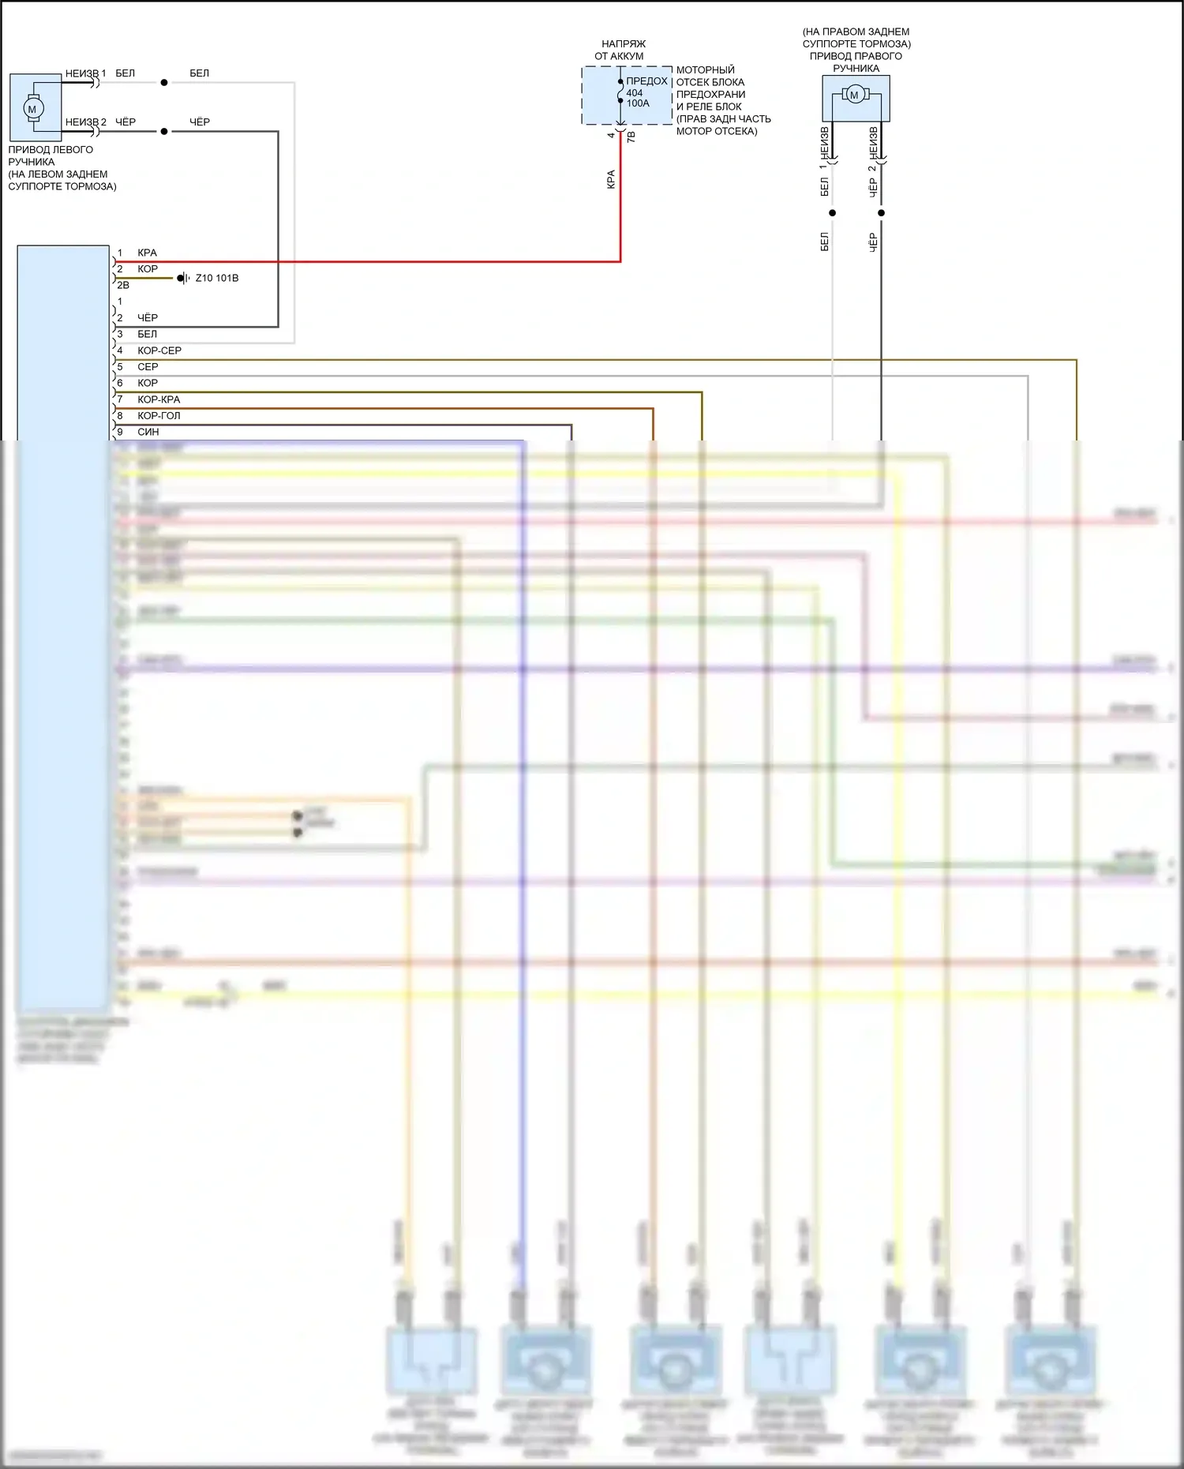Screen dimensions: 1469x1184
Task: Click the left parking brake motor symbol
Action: [32, 109]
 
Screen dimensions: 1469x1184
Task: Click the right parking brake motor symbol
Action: [853, 96]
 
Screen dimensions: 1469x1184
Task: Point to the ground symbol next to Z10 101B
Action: [183, 278]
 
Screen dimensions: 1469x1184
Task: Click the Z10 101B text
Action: [217, 278]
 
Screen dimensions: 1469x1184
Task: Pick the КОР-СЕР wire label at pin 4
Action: [159, 350]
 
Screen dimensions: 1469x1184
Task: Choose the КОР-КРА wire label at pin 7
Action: [159, 399]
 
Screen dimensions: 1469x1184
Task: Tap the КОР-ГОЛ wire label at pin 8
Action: [159, 416]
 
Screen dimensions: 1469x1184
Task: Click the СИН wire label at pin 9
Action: [148, 432]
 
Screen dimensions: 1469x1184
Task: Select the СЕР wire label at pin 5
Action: [148, 367]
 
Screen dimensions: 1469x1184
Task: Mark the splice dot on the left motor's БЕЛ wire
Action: [164, 82]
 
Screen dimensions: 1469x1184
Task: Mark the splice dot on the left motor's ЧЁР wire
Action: [164, 131]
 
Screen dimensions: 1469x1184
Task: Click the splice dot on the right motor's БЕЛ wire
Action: [832, 212]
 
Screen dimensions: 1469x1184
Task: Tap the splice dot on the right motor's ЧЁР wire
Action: [882, 212]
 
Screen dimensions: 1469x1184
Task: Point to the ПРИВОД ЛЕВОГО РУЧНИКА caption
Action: [51, 156]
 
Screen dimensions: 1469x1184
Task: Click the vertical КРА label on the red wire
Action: [611, 179]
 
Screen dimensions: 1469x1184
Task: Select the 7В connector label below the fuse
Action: [631, 137]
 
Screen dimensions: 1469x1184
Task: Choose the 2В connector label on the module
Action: [123, 285]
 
